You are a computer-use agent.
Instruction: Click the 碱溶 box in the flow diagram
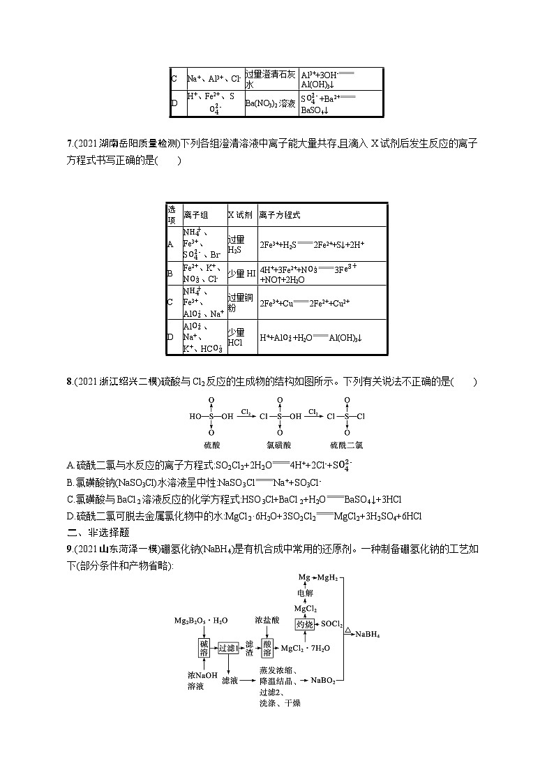[204, 648]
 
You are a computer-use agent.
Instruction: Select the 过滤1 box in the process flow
[228, 648]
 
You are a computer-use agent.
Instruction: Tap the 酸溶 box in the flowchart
[267, 648]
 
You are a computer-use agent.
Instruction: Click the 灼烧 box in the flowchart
[304, 623]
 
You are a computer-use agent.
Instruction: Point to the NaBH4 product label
[370, 634]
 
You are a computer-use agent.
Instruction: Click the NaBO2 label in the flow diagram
[323, 679]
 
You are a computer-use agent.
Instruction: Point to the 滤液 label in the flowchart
[230, 679]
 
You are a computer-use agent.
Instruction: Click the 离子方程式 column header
[279, 215]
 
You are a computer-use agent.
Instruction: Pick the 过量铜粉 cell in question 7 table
[237, 302]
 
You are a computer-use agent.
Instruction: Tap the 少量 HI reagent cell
[237, 274]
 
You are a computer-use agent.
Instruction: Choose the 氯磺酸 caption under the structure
[280, 445]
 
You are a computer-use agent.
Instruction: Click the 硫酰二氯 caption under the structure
[347, 445]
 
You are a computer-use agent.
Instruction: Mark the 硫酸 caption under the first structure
[211, 445]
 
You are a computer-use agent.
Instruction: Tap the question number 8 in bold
[69, 381]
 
